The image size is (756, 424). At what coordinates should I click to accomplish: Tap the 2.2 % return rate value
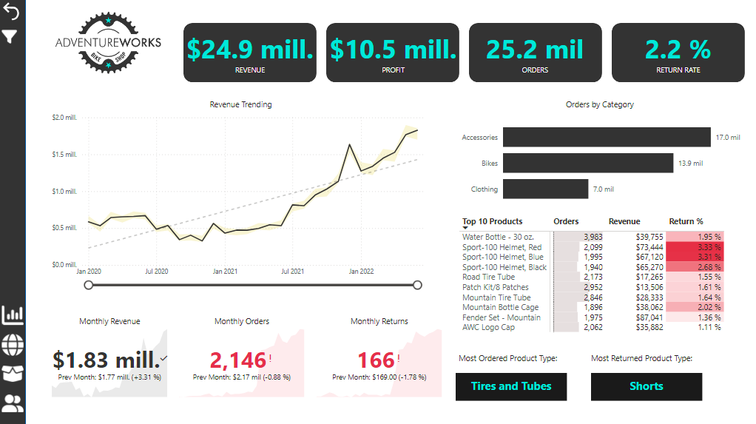click(x=678, y=49)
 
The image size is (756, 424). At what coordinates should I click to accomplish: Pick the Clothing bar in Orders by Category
click(x=545, y=189)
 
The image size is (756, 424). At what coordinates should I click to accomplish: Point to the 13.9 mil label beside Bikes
click(x=690, y=163)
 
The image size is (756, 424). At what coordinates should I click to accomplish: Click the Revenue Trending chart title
click(x=240, y=104)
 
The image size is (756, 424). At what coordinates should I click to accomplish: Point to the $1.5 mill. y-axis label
click(x=64, y=154)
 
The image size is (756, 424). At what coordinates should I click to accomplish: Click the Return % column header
click(x=686, y=221)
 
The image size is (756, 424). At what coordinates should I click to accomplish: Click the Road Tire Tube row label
click(x=488, y=277)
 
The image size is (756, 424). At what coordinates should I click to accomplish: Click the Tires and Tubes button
click(x=511, y=386)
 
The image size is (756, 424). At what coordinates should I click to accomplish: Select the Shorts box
click(x=646, y=386)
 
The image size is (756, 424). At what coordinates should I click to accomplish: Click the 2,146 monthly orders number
click(x=238, y=360)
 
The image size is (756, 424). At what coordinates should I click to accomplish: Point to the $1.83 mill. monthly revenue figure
click(x=107, y=360)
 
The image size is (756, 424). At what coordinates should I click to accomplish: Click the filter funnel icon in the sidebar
click(x=11, y=36)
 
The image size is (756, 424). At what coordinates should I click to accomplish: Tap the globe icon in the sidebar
click(x=13, y=344)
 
